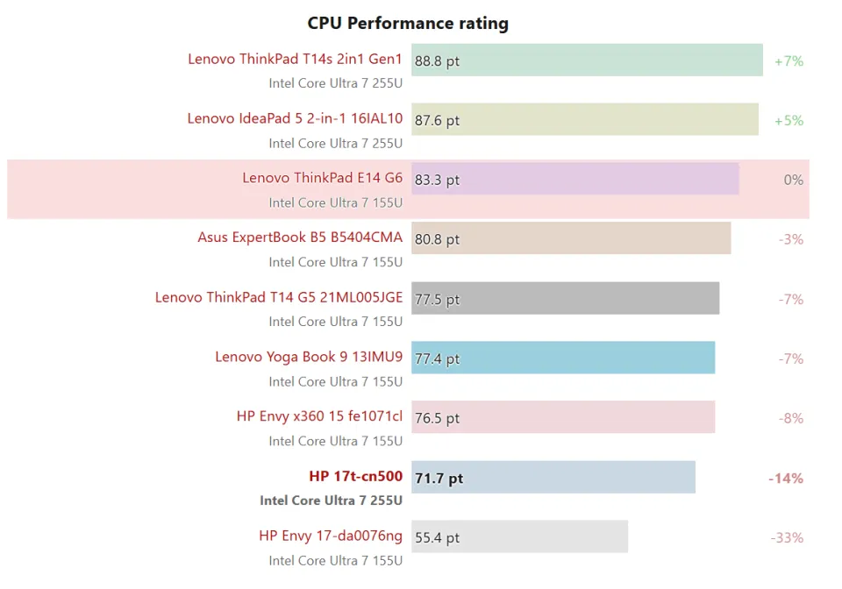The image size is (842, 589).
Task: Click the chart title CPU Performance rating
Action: click(x=408, y=23)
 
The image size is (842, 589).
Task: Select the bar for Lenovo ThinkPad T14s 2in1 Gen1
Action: click(x=587, y=60)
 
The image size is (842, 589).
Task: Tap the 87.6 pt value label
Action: click(x=437, y=121)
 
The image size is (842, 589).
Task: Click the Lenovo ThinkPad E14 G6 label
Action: click(x=322, y=178)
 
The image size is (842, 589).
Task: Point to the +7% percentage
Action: click(x=788, y=61)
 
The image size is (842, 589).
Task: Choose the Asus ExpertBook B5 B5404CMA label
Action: click(x=300, y=238)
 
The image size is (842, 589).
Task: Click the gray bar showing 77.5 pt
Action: click(x=565, y=299)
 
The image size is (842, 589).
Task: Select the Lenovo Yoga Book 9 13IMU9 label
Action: click(x=309, y=357)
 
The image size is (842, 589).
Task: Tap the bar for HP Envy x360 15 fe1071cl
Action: click(x=563, y=418)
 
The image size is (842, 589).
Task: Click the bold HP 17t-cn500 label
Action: click(x=355, y=477)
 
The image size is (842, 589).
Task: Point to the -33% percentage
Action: click(x=787, y=538)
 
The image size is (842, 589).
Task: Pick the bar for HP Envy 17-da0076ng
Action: click(x=519, y=537)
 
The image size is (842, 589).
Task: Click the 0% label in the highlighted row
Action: click(x=793, y=180)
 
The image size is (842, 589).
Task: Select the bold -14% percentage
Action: click(x=786, y=479)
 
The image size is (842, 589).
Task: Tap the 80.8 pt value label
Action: click(x=437, y=239)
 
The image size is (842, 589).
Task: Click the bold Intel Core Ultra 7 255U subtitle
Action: click(x=331, y=500)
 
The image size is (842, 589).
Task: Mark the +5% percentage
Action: click(x=788, y=121)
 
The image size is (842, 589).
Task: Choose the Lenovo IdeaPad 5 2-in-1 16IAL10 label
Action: click(x=295, y=118)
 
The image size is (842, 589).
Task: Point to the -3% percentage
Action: click(x=790, y=239)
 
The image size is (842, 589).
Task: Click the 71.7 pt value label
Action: click(x=439, y=479)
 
